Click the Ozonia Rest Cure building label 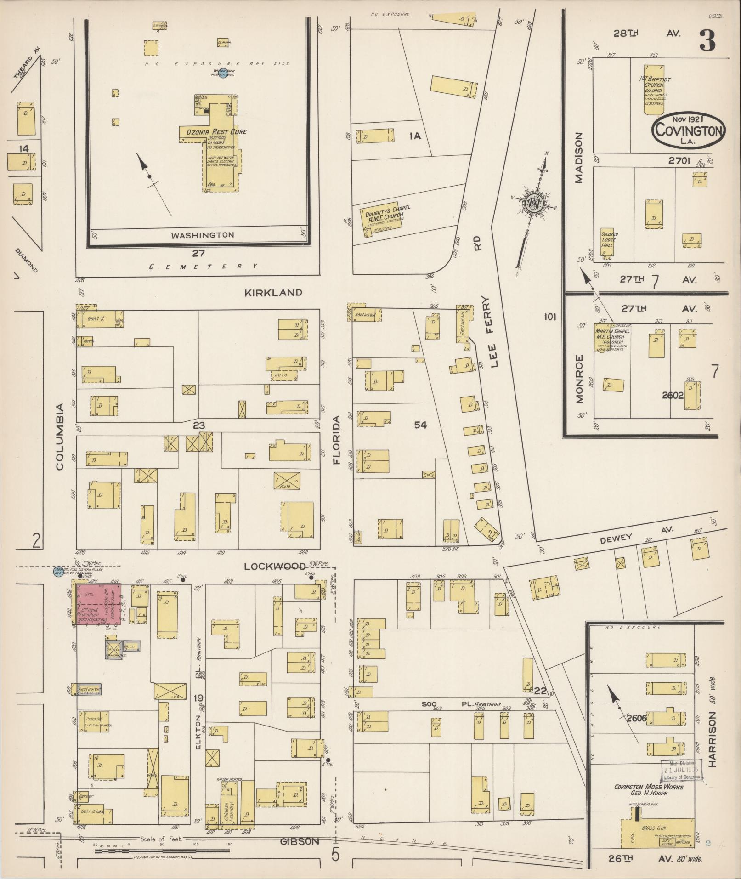click(216, 132)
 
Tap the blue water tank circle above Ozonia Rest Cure click(223, 74)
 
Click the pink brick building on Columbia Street click(99, 603)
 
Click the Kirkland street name click(273, 292)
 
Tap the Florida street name click(337, 440)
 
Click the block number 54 click(420, 425)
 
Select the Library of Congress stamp click(682, 771)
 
